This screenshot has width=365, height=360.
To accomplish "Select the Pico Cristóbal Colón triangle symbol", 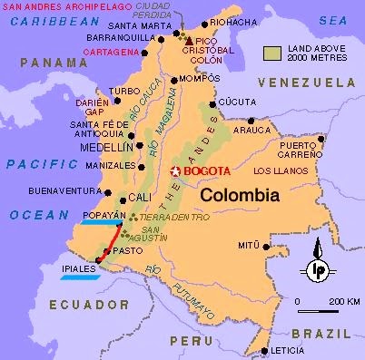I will coord(189,42).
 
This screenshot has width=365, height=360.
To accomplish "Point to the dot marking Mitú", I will coord(265,245).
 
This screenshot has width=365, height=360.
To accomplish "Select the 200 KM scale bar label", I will coord(346,301).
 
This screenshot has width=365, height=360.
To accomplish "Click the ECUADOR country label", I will coord(53,305).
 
